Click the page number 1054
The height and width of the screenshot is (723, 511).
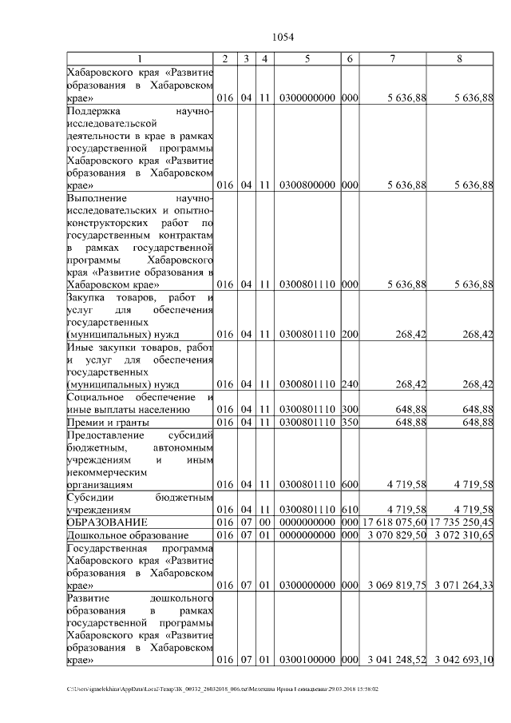coord(283,37)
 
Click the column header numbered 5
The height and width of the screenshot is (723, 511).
coord(307,58)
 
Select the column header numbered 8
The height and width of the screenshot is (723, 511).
coord(459,58)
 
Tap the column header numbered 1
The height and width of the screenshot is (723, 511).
coord(140,58)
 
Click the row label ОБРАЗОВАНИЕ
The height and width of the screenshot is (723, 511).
coord(106,522)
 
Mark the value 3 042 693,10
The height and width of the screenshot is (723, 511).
coord(464,661)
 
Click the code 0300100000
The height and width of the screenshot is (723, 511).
coord(307,661)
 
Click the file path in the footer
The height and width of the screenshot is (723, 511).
coord(223,689)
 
